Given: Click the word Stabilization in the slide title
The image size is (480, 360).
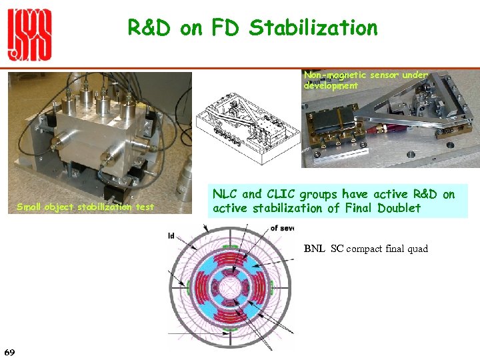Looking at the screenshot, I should [313, 28].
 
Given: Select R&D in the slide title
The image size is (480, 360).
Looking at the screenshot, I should [148, 28].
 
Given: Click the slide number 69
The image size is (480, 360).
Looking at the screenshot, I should [9, 351].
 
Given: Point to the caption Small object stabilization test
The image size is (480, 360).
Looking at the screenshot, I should [85, 207].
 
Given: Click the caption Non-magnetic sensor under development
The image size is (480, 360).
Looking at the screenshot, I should [365, 80].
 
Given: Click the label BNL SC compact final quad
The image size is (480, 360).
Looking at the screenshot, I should [366, 249].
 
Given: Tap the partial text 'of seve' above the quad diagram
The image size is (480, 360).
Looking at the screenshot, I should [282, 228].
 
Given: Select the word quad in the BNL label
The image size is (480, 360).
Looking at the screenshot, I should [417, 249].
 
